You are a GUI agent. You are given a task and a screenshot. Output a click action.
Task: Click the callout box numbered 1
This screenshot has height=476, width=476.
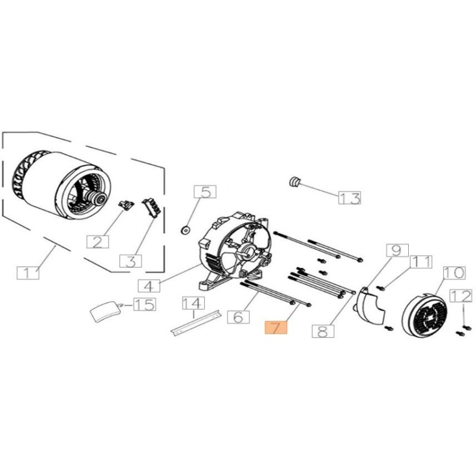tap(28, 273)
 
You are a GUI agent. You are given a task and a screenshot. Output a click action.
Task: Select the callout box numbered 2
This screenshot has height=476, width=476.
tap(98, 241)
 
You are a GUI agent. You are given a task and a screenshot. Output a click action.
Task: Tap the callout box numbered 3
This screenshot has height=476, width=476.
tap(131, 261)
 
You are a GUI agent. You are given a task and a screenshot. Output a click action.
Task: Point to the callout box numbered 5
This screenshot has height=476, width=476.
tap(205, 192)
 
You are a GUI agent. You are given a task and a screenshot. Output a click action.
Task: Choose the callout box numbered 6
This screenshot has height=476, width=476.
tap(238, 317)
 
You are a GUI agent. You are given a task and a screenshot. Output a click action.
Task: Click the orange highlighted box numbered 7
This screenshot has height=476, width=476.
tap(275, 328)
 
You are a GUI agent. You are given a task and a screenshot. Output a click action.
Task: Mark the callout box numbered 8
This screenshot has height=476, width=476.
tap(322, 331)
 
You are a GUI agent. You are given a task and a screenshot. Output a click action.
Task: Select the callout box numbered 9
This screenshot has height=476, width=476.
tap(397, 250)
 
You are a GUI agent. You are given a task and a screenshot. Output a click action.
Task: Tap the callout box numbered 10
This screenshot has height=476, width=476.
tap(453, 273)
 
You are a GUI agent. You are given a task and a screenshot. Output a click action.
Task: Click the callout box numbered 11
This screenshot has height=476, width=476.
tap(421, 261)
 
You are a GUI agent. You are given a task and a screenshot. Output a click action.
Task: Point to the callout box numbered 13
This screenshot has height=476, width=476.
tap(349, 198)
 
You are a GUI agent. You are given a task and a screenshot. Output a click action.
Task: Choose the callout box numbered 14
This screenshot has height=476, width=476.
tap(192, 303)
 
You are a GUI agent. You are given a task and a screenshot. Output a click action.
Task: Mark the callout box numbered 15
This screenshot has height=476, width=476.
tap(143, 305)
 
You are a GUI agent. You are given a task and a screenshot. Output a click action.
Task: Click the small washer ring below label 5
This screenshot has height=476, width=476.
tap(184, 228)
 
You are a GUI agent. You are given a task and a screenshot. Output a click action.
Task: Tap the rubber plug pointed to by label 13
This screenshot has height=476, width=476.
tap(293, 181)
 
